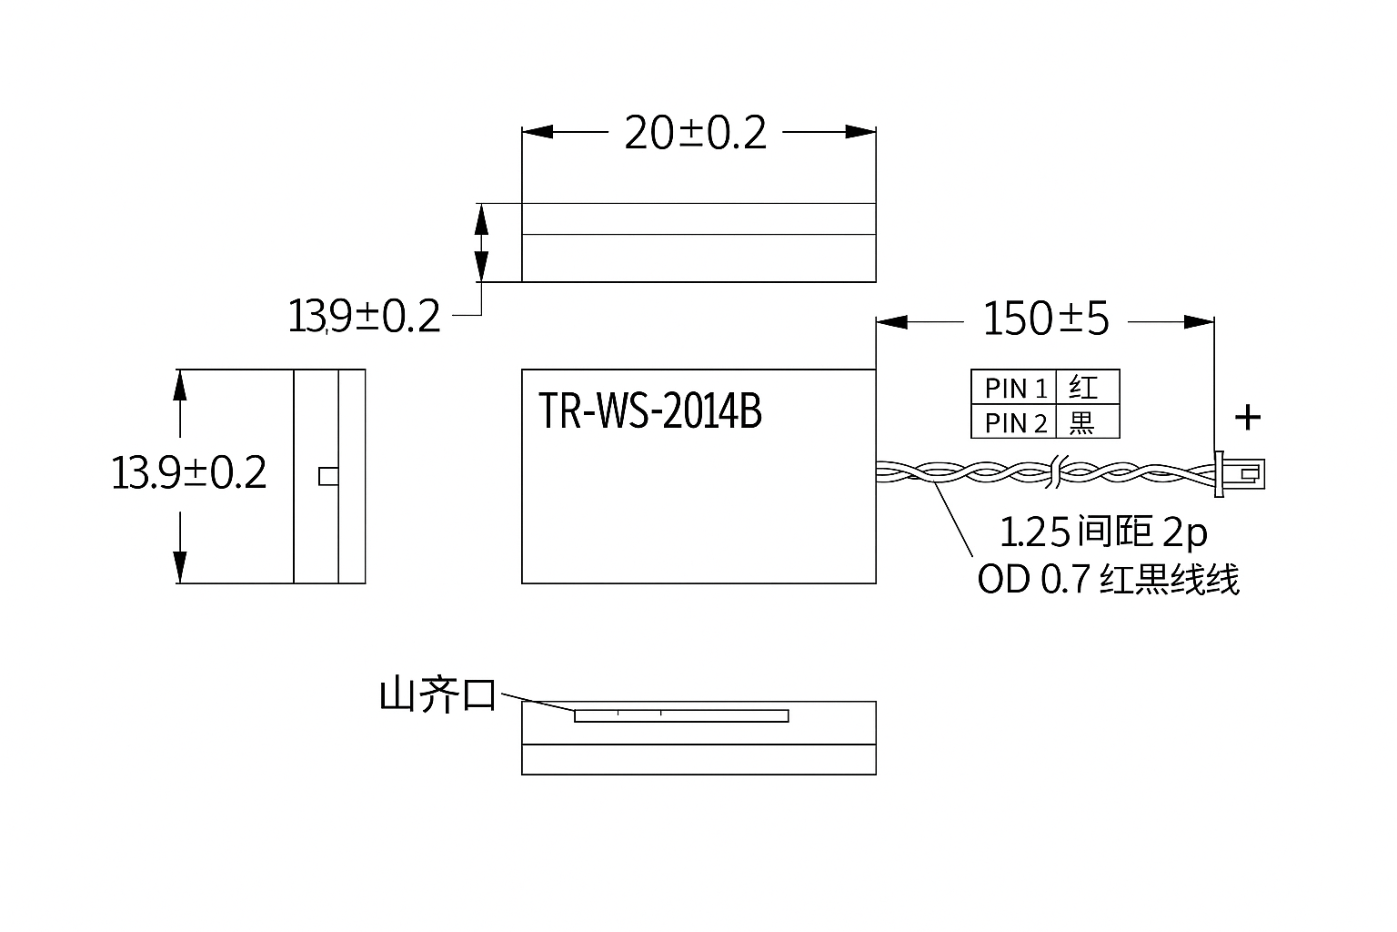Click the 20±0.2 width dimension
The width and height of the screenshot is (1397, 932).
coord(696,133)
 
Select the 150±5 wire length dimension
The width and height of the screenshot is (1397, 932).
coord(1046,319)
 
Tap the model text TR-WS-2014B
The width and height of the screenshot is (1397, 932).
coord(650,410)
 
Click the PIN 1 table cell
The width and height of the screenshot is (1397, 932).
coord(1014,388)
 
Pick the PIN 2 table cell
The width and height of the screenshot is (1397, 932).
coord(1014,422)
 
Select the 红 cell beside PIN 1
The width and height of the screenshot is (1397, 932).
coord(1088,388)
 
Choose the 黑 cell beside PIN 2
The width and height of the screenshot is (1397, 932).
coord(1088,422)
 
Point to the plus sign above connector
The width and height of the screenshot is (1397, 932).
coord(1248,418)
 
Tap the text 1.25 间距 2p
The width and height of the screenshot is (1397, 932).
coord(1103,532)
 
